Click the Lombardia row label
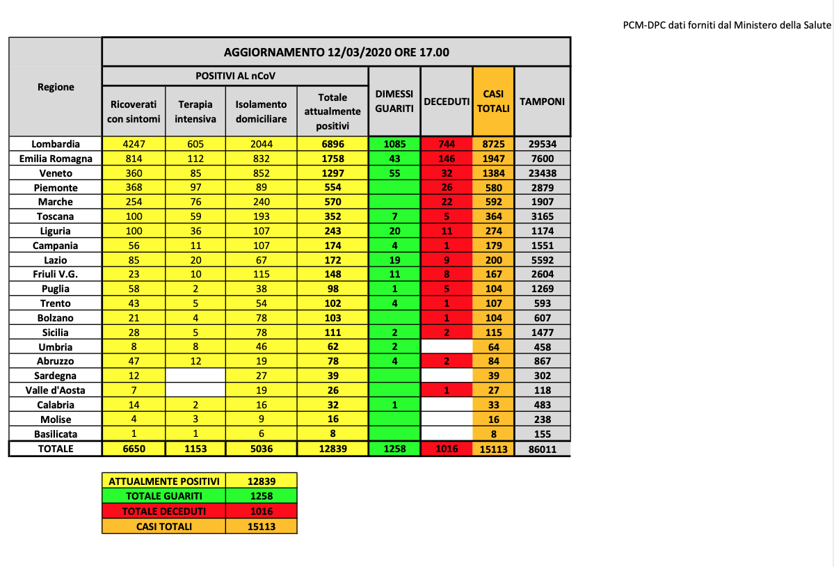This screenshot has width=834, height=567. pos(56,144)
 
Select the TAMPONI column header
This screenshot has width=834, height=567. pos(542,102)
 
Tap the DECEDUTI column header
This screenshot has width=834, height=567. pos(447,102)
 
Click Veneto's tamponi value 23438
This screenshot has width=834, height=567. pos(542,173)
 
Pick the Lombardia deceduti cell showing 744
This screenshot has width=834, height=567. pos(447,144)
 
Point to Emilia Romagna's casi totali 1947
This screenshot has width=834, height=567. pos(493,159)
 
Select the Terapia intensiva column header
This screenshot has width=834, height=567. pos(195,111)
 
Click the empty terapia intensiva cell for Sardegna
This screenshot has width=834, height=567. pos(195,376)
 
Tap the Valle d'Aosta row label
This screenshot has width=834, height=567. pos(56,390)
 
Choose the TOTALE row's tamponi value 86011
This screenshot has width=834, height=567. pos(542,449)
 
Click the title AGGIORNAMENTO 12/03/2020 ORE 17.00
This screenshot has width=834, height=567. pos(336,52)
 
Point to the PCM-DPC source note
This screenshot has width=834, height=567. pos(727,26)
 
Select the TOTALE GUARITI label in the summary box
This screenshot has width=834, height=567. pos(164,496)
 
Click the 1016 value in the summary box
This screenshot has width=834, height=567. pos(262,511)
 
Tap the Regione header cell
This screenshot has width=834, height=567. pos(56,87)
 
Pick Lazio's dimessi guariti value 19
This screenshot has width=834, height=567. pos(394,259)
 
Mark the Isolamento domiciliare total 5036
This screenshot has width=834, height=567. pos(261,449)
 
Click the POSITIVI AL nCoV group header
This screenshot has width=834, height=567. pos(235,75)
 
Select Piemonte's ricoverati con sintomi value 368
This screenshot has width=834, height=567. pos(134,188)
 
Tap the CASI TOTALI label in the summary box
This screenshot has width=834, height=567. pos(164,527)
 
